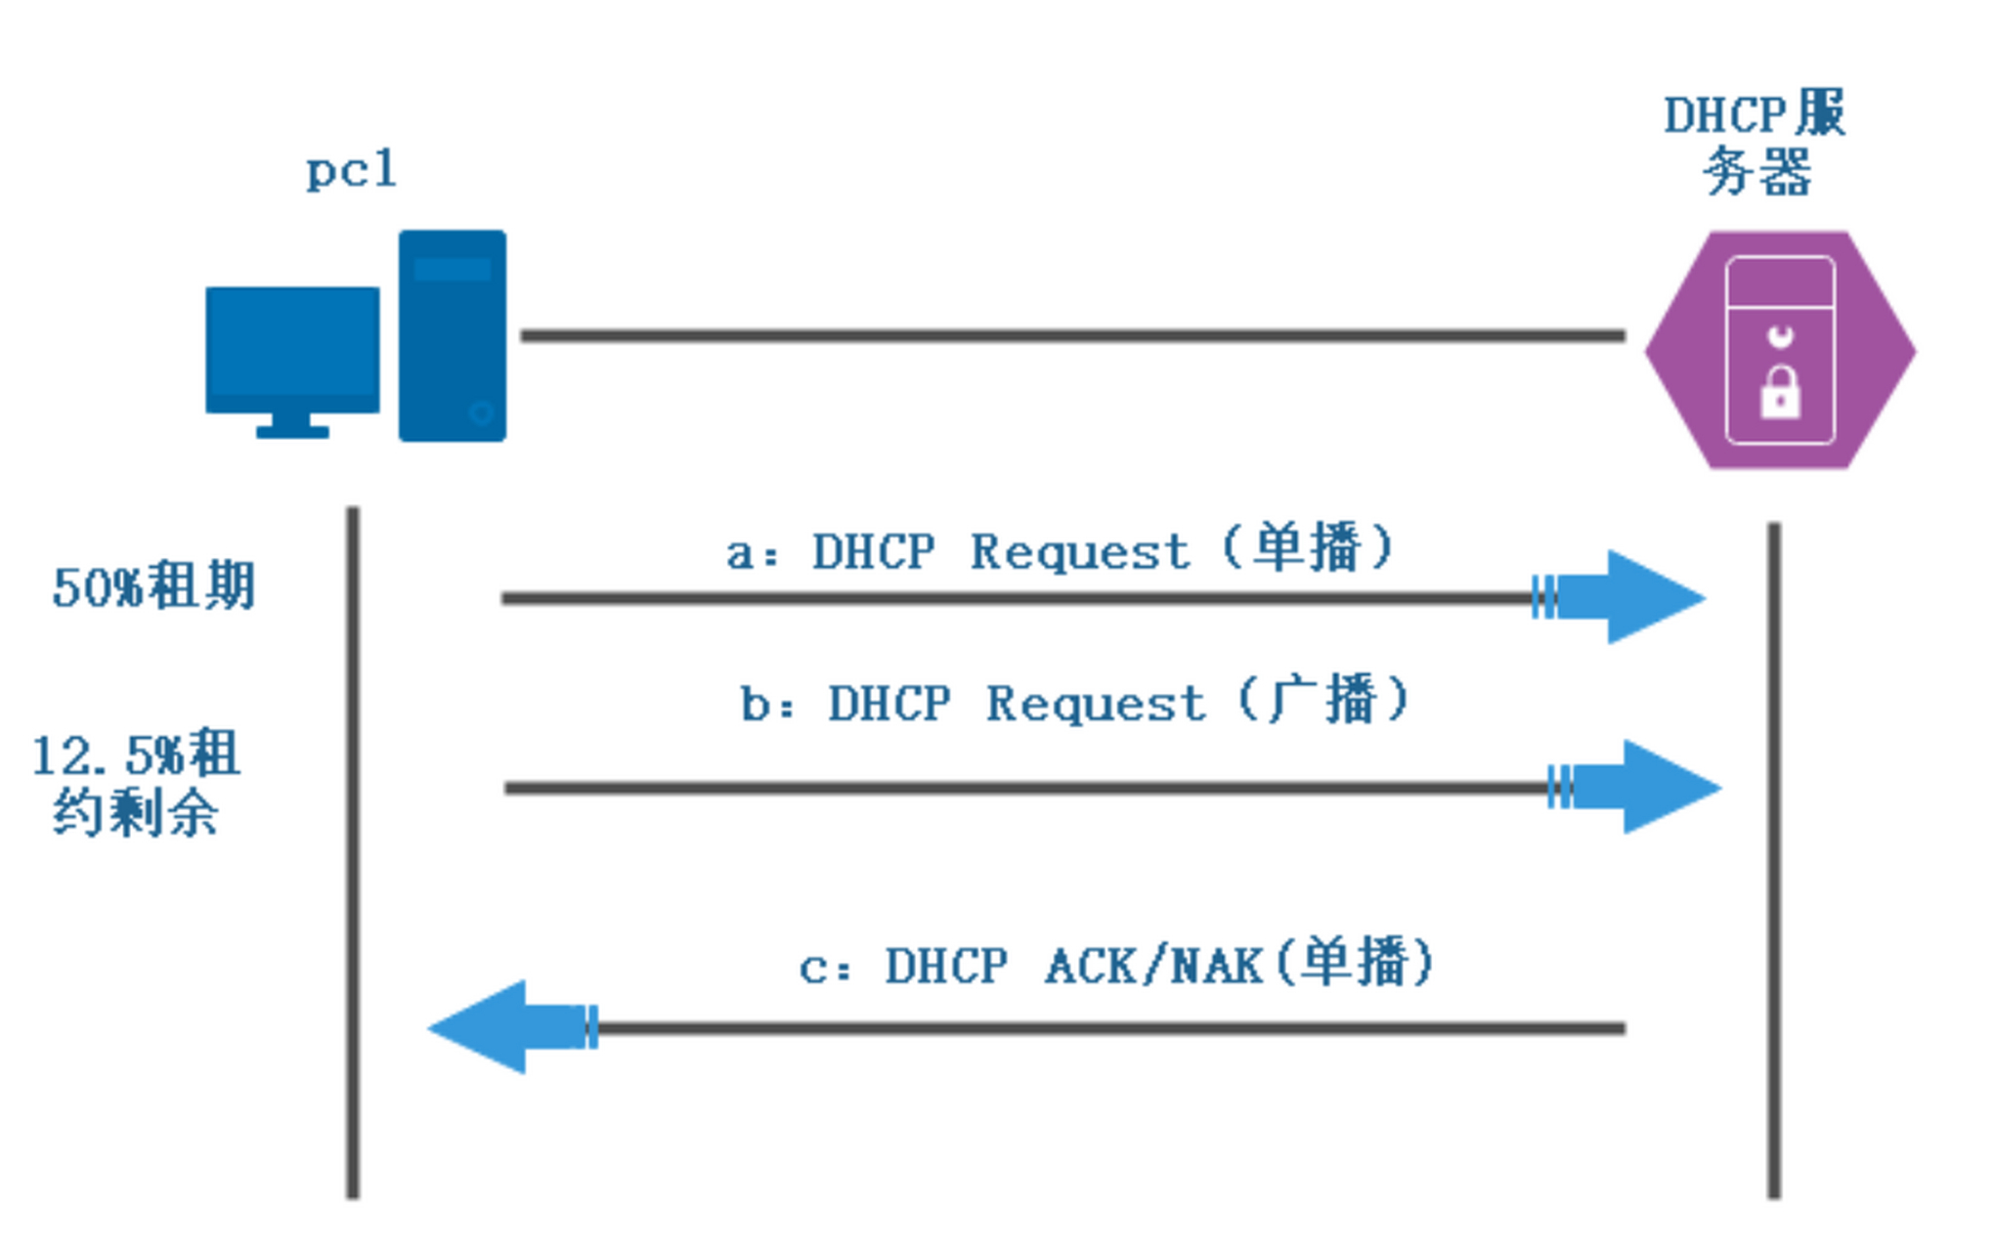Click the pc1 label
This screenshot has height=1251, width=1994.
click(351, 171)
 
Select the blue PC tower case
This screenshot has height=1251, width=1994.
click(452, 335)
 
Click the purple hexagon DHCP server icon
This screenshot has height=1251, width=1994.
click(1780, 350)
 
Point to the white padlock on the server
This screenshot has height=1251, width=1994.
click(1780, 394)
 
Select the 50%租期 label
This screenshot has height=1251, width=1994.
click(153, 587)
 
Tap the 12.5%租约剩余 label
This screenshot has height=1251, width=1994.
click(136, 782)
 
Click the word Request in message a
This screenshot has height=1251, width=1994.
click(1078, 553)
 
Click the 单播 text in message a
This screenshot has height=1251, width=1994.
click(1308, 548)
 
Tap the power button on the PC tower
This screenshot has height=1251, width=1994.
click(481, 413)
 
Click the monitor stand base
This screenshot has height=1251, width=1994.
click(292, 430)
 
